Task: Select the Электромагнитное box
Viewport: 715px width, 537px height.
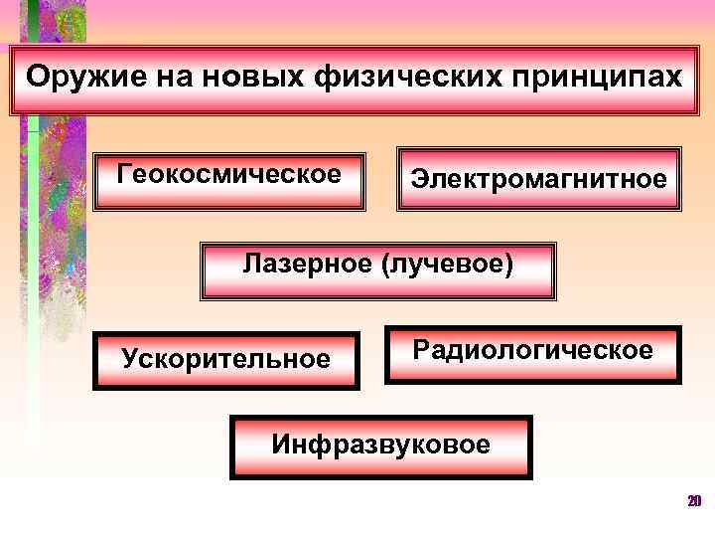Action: (x=539, y=180)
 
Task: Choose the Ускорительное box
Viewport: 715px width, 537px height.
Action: (x=226, y=359)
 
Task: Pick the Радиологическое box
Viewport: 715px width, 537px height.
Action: (x=533, y=353)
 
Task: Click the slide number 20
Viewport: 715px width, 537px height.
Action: (x=694, y=500)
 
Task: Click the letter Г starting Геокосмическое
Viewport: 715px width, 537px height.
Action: (x=124, y=173)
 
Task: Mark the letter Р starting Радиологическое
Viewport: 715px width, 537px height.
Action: (x=421, y=350)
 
